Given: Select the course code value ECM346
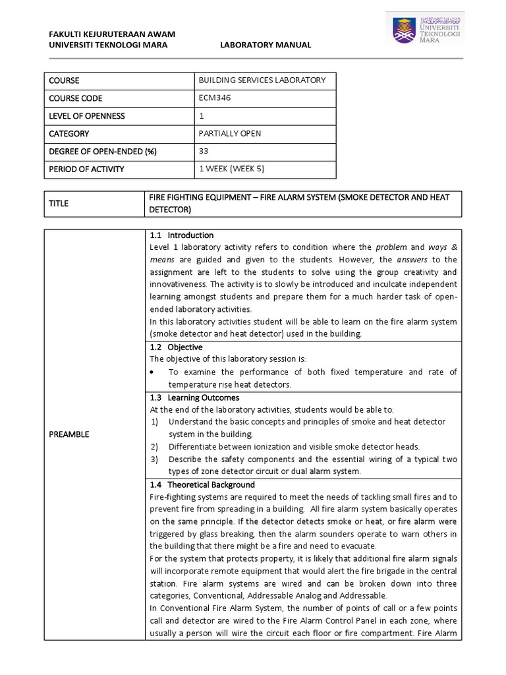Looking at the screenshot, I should coord(214,98).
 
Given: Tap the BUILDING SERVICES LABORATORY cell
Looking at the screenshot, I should coord(262,80).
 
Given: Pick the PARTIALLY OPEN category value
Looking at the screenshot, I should coord(230,134).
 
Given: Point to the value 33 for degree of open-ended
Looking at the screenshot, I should coord(204,152).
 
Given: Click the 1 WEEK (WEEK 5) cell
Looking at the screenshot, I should coord(231,169).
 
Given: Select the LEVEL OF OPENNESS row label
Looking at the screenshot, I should coord(86,116).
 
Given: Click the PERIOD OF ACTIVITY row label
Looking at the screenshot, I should coord(86,169).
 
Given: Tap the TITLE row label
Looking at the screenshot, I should coord(59,204).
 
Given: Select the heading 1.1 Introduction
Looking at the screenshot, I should coord(182,235).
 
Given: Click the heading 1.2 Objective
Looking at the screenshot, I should coord(177,347).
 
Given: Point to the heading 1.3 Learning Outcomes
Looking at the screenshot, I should coord(194,397).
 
